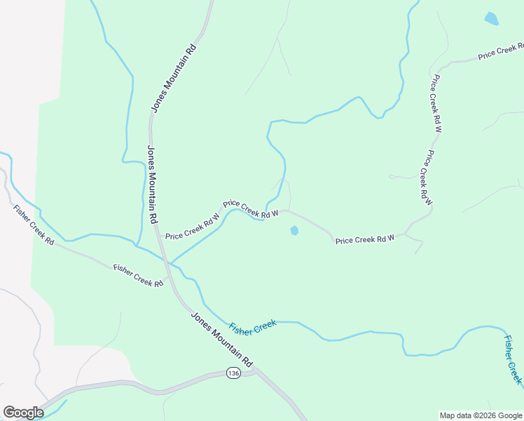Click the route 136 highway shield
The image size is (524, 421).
233,373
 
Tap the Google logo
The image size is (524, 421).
23,413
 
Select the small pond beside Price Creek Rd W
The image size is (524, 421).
294,230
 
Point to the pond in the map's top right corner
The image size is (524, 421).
491,19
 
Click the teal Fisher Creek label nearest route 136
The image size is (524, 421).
253,326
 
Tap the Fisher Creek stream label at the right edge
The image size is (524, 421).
513,359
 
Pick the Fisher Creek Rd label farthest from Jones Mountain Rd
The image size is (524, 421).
33,225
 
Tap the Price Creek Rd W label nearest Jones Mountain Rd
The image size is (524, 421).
193,227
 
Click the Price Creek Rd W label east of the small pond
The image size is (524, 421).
365,239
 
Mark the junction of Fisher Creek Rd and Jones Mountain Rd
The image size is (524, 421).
169,275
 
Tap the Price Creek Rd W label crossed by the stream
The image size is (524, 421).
250,208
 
